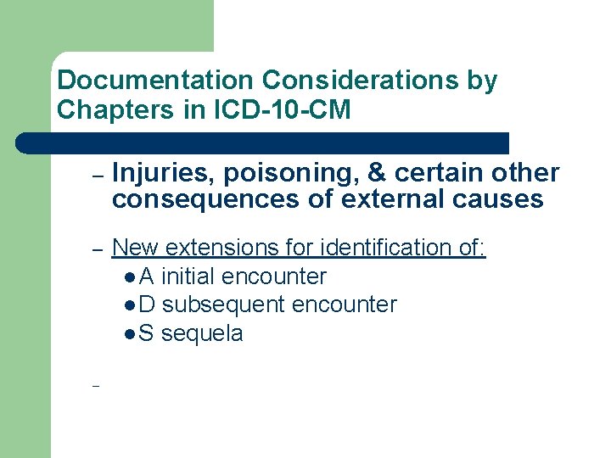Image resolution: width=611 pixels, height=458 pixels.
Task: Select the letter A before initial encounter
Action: pos(146,276)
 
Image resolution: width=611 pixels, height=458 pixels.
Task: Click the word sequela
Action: pos(202,333)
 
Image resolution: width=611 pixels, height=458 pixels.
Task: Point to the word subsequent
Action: pos(223,304)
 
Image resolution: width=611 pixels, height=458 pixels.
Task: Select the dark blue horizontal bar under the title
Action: pos(263,142)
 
